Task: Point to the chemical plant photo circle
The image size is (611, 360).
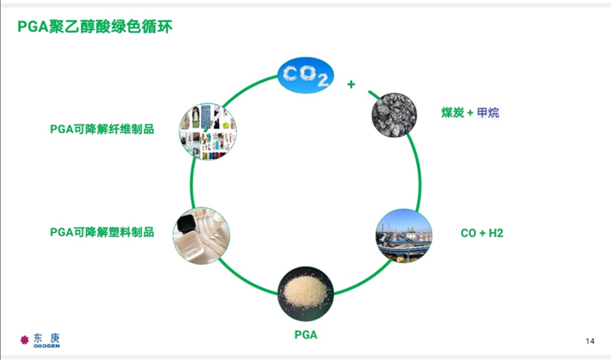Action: coord(403,235)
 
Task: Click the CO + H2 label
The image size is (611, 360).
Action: coord(482,232)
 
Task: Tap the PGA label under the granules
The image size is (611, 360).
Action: coord(305,335)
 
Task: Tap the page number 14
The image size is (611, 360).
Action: coord(590,340)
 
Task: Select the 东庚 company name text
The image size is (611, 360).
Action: coord(47,337)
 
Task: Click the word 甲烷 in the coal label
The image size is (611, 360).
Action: coord(488,113)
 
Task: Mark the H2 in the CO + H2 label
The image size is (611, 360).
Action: coord(496,232)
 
